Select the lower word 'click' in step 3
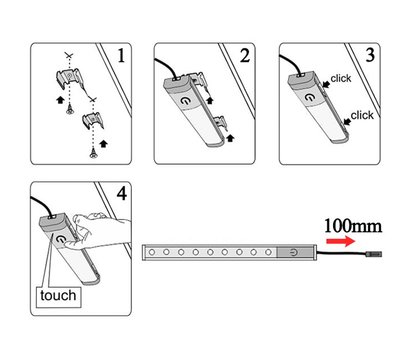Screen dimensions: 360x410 click(361, 115)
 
